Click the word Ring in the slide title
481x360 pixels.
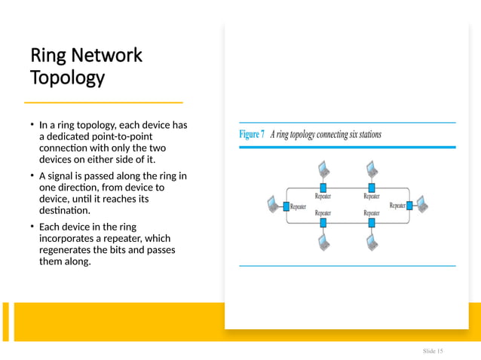[46, 56]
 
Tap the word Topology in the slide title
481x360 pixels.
[66, 78]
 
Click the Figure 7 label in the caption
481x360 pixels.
[252, 136]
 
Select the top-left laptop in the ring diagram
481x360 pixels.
[322, 168]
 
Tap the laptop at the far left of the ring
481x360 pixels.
[272, 203]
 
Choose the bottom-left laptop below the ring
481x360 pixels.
[322, 242]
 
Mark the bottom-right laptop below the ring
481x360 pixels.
[371, 242]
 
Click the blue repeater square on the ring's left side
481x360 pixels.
[286, 204]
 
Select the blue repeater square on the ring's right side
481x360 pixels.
[408, 204]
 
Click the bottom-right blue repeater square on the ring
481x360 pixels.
[371, 223]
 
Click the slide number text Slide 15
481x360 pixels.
[433, 352]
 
